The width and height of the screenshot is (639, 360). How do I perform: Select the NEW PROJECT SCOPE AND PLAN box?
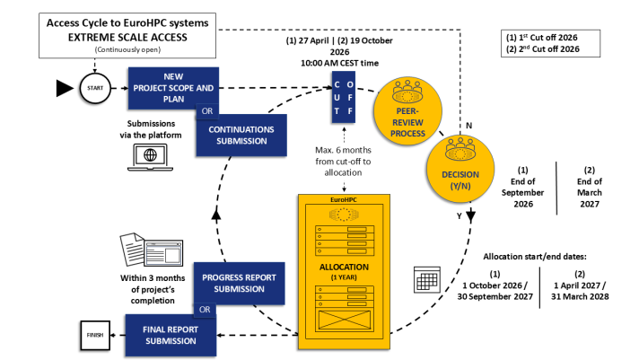coord(175,87)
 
